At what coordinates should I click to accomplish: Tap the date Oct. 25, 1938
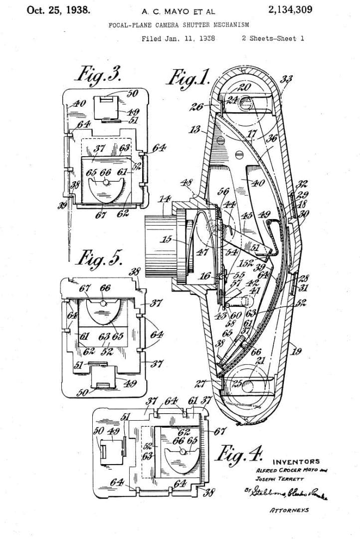coord(59,9)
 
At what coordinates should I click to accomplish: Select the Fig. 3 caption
coord(98,75)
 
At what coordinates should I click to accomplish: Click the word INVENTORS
coord(296,462)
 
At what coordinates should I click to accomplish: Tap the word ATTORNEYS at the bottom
coord(289,510)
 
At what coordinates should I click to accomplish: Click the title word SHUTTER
coord(205,24)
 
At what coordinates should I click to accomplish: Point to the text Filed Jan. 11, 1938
coord(178,38)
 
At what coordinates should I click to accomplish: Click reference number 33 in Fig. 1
coord(287,78)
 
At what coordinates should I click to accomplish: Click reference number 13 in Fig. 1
coord(195,131)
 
